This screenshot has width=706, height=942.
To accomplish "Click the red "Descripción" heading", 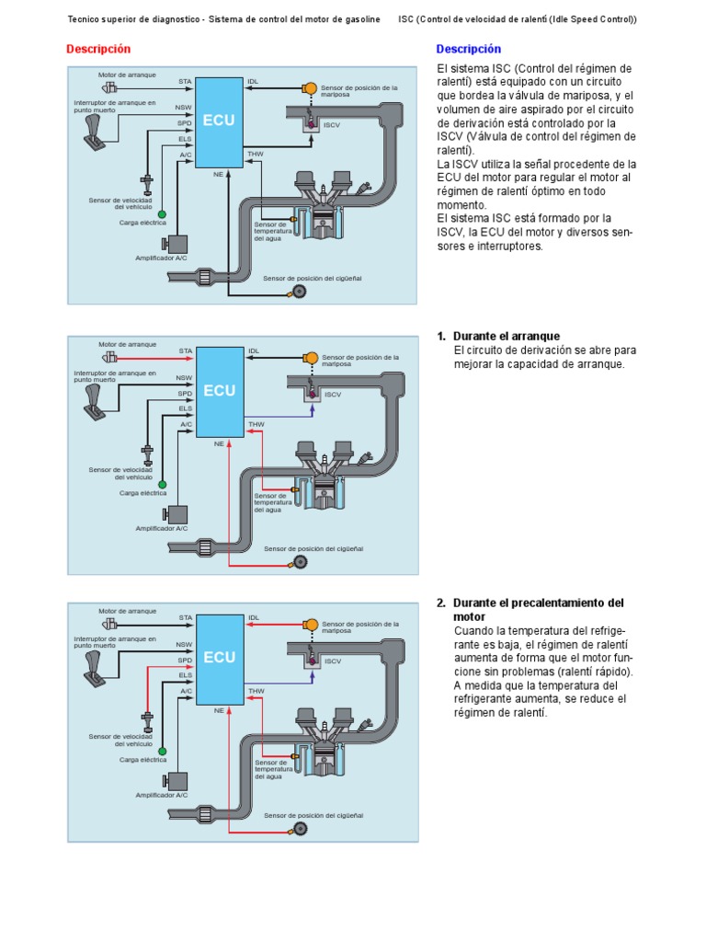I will [99, 49].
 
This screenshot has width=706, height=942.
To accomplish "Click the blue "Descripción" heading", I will [469, 49].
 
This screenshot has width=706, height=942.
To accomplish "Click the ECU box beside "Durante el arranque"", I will [220, 390].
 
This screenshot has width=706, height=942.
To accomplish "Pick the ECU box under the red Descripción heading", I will [220, 121].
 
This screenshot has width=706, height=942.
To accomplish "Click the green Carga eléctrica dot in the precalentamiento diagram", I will [162, 751].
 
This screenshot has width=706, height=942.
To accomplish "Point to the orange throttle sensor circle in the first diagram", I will [311, 88].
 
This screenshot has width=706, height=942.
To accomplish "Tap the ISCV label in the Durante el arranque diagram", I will [332, 394].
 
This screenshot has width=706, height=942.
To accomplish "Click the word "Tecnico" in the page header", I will [85, 19].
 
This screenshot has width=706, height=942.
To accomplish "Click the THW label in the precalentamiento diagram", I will [256, 691].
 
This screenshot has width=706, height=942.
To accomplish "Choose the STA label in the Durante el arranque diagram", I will [186, 350].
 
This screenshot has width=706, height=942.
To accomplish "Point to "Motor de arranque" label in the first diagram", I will [128, 74].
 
